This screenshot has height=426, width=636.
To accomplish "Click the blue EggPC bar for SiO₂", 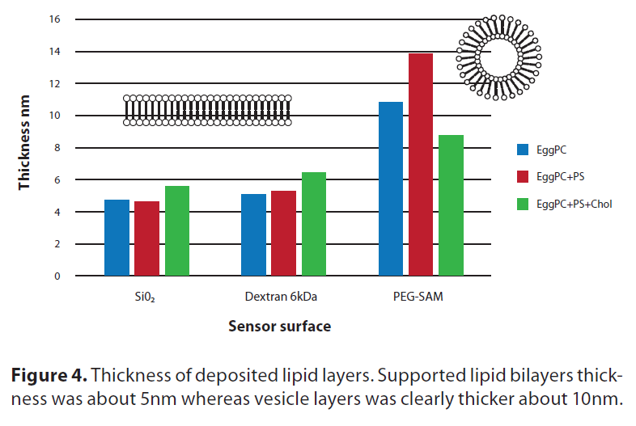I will coord(117,238).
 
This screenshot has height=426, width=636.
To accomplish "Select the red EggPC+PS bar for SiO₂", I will coord(146,238).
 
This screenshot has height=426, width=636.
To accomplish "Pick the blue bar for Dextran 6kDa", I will coord(254,235).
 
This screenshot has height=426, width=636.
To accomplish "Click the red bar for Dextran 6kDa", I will coord(284,234).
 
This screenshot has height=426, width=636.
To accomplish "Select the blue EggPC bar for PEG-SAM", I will coord(391,189).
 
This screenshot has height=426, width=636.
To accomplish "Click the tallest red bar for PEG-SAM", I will coord(421,165).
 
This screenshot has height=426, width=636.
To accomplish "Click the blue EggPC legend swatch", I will coord(523,149).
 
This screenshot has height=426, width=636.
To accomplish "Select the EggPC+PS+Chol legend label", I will coord(574,204).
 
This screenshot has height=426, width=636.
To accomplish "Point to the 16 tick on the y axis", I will coord(55,19).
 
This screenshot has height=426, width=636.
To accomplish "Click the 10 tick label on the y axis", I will coord(55,116).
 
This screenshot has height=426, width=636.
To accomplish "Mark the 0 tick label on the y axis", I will coord(57,276).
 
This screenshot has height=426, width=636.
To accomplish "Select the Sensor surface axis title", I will coord(279,327).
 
